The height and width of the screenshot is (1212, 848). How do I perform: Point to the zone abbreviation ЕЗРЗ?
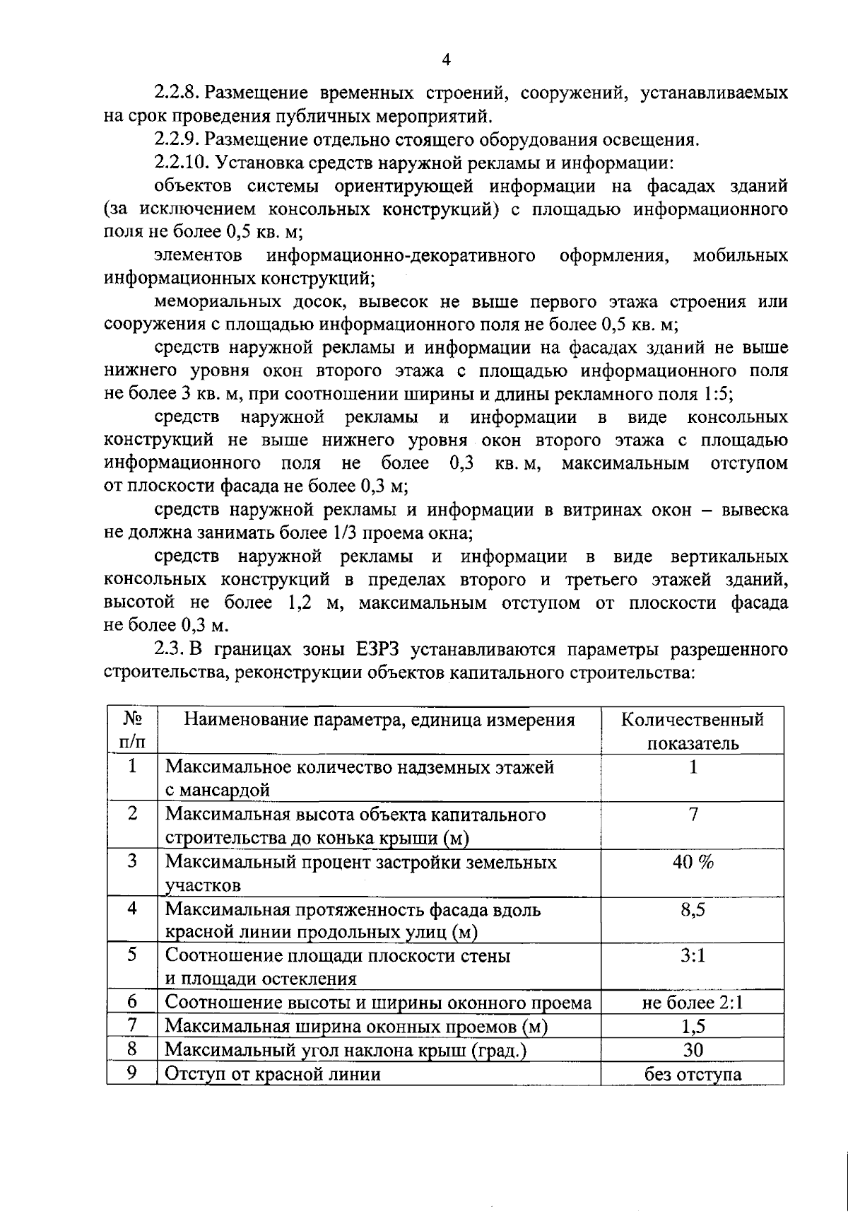[380, 648]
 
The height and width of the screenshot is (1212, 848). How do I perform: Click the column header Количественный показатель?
[693, 731]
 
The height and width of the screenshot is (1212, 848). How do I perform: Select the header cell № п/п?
[132, 731]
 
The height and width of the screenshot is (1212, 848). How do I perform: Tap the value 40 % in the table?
[693, 862]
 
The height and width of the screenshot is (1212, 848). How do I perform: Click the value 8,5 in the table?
[693, 909]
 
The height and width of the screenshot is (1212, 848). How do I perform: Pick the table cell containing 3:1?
[693, 956]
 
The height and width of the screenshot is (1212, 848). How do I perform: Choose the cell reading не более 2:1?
[693, 1003]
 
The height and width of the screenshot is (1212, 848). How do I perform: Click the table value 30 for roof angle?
[693, 1050]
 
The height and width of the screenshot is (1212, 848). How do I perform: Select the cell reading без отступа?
[693, 1074]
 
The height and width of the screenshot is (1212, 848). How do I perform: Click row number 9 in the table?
[132, 1073]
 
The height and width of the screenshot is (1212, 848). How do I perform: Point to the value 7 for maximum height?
[693, 815]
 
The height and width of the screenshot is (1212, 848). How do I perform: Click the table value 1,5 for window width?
[693, 1027]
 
